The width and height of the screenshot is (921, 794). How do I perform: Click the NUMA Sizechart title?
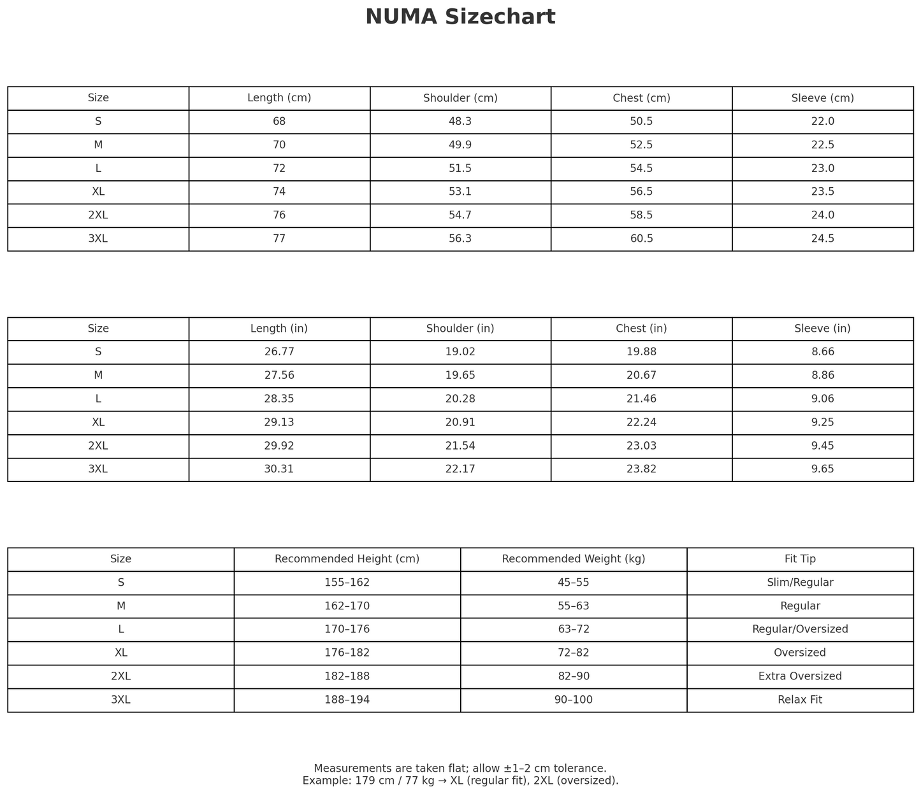point(460,17)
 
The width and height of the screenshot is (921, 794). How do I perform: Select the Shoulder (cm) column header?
point(460,98)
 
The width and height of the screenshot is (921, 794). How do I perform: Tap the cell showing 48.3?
point(460,122)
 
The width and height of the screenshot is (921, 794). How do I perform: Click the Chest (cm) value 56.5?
point(641,192)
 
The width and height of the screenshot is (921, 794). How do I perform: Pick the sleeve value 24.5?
point(822,239)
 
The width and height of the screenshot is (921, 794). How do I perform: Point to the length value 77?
point(279,239)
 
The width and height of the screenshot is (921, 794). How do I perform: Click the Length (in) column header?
point(279,329)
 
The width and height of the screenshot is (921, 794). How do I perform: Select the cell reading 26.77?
point(279,352)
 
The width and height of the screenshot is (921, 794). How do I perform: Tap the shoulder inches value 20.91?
point(460,422)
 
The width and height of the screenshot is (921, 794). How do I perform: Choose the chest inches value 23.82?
point(641,469)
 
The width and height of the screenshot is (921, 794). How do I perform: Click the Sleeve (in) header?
point(822,329)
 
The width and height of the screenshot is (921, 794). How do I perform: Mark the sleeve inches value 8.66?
point(822,352)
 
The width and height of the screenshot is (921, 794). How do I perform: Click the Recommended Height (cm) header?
point(347,559)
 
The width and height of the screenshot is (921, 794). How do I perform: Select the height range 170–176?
point(347,629)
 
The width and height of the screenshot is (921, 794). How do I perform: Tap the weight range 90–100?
point(573,700)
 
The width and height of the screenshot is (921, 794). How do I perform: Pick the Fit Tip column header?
point(800,559)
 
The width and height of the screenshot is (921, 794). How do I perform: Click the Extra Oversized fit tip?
point(800,676)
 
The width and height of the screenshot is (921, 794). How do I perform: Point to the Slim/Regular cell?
point(800,583)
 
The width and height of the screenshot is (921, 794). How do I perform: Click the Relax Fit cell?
point(800,700)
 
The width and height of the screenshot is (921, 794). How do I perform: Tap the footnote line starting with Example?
point(460,781)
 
